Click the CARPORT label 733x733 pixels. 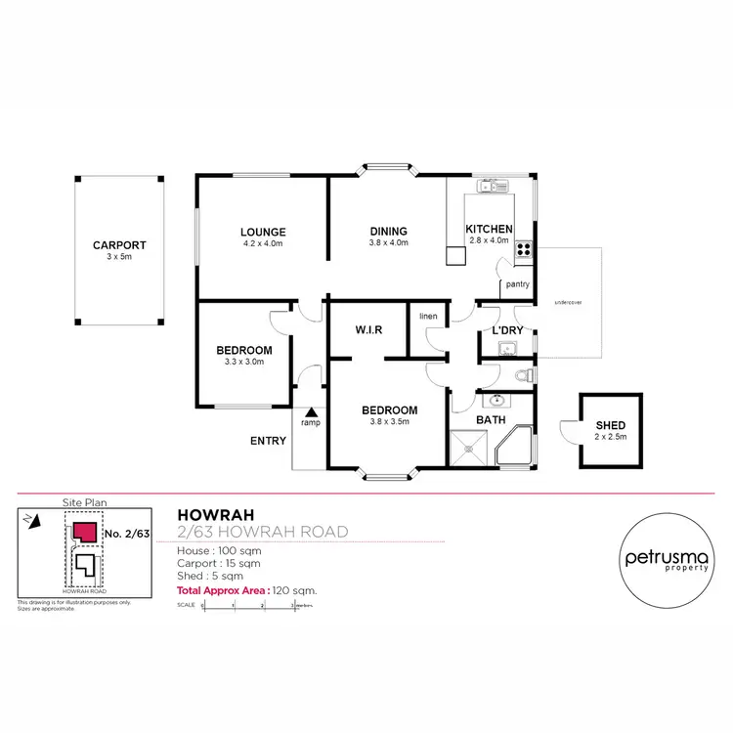(x=119, y=245)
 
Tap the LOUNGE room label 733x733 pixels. (x=263, y=232)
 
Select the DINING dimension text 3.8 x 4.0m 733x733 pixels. (x=388, y=242)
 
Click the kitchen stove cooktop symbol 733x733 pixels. (x=524, y=248)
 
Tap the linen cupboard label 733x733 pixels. (x=428, y=317)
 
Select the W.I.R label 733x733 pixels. (x=367, y=330)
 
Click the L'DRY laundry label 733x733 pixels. (x=507, y=330)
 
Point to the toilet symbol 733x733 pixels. (x=523, y=374)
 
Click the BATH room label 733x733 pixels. (x=490, y=420)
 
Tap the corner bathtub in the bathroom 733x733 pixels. (x=518, y=448)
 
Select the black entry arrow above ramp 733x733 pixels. (x=310, y=412)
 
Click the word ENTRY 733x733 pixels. (x=268, y=441)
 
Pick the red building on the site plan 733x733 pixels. (x=85, y=533)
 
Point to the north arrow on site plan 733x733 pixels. (x=35, y=522)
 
